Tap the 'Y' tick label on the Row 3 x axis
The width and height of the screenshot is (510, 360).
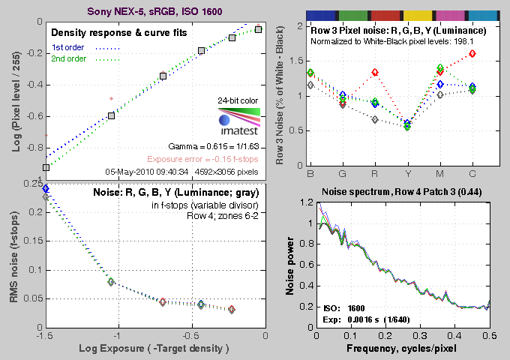tap(407, 174)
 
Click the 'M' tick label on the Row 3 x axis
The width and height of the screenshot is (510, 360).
tap(439, 174)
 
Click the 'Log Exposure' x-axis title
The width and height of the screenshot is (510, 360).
tap(154, 349)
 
